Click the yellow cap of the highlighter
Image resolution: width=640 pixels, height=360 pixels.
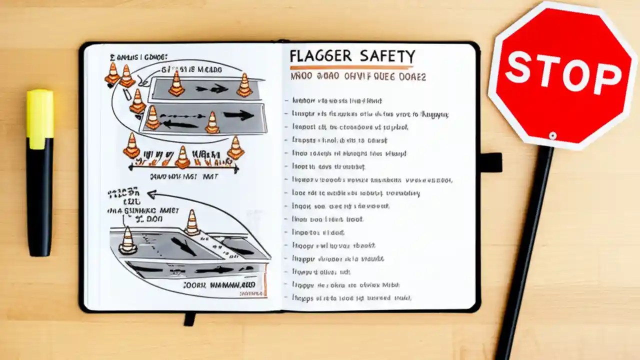click(40, 119)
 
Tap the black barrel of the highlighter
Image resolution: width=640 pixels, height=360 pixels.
click(39, 200)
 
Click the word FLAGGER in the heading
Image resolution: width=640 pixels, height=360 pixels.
click(320, 56)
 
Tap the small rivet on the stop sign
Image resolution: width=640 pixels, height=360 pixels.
click(552, 135)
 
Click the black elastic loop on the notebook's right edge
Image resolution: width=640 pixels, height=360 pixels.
click(490, 162)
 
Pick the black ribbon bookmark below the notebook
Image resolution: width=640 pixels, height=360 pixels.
click(189, 318)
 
